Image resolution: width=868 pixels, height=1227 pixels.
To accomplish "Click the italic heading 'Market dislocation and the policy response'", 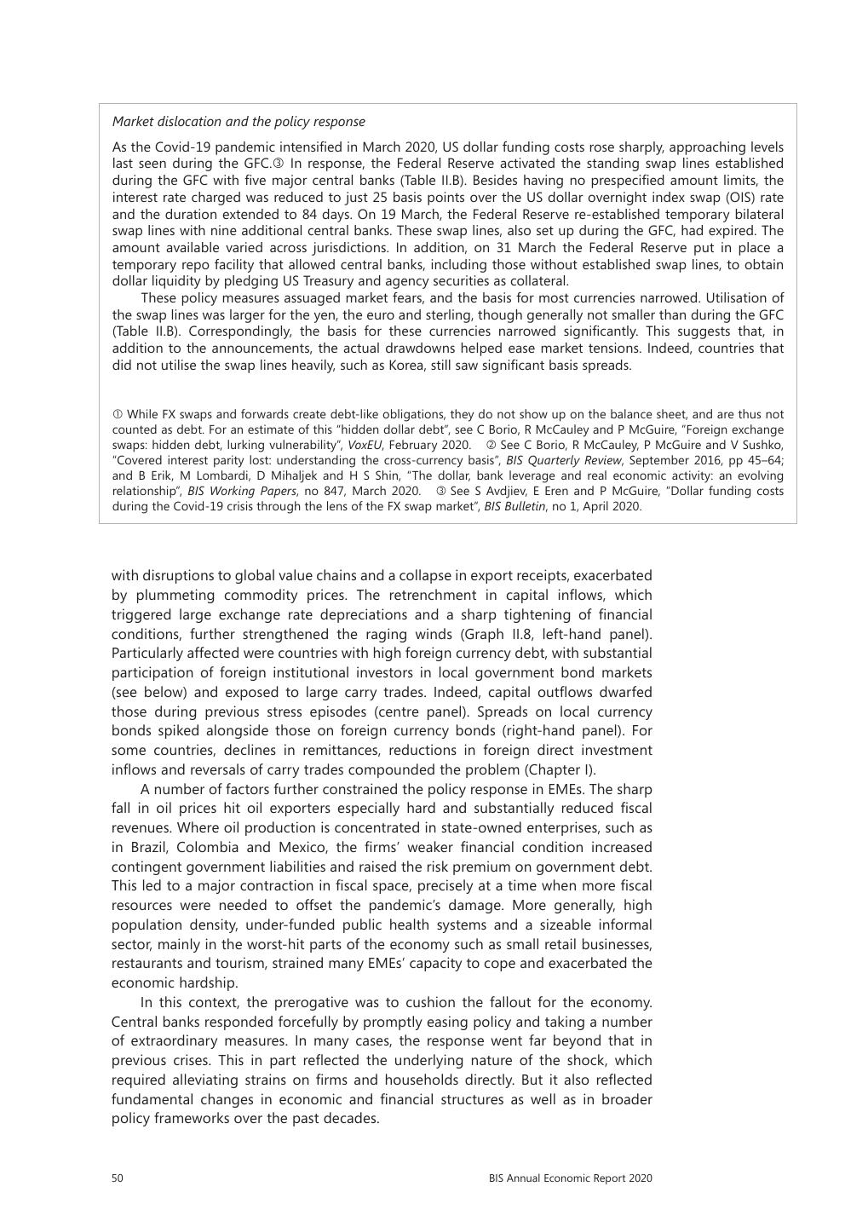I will pos(239,122).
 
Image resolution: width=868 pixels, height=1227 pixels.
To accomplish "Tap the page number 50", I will pos(118,1178).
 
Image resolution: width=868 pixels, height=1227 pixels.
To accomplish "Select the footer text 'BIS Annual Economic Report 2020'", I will pos(570,1178).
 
